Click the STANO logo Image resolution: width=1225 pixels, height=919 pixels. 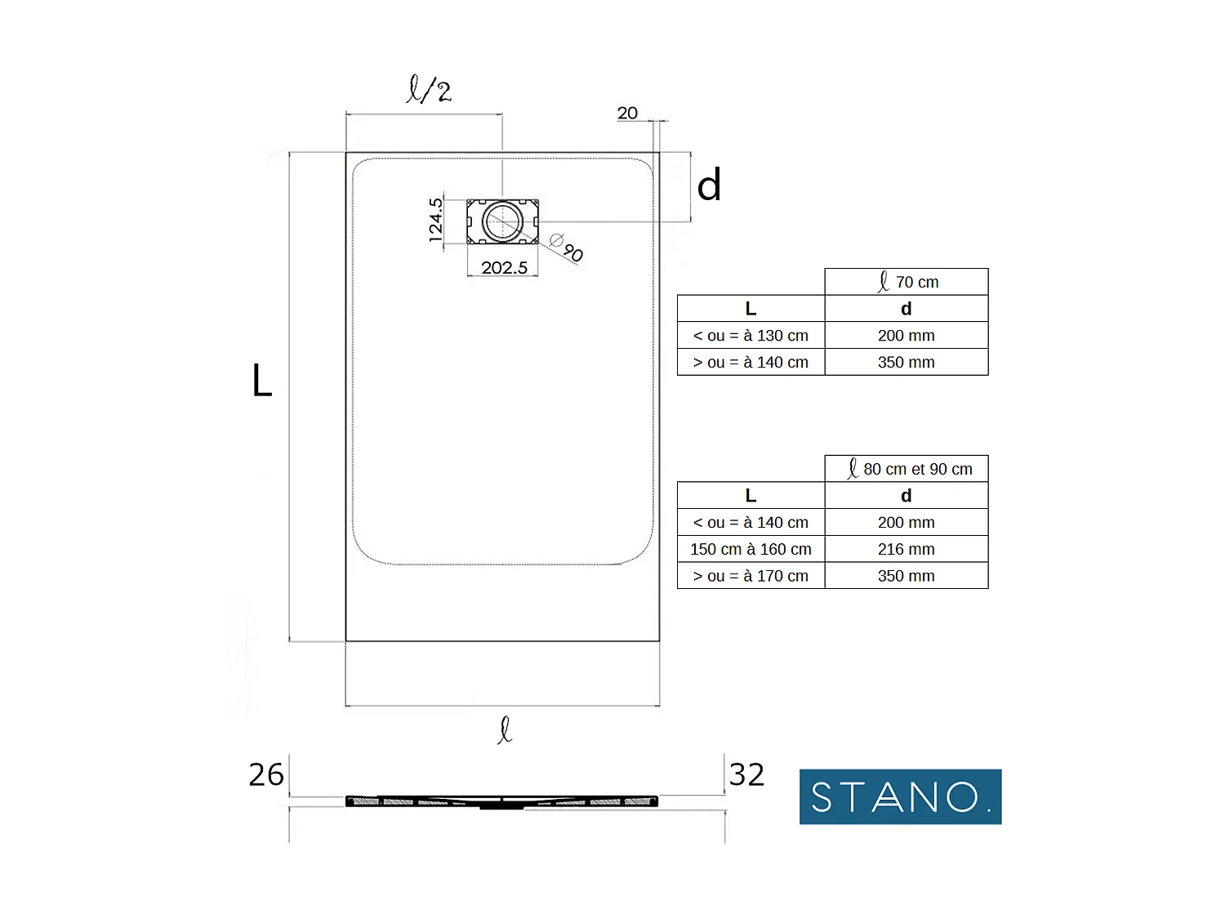tap(900, 796)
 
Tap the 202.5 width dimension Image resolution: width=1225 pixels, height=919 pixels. tap(504, 268)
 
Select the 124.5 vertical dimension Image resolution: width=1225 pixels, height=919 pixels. tap(436, 220)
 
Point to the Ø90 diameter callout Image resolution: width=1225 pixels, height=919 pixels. tap(567, 248)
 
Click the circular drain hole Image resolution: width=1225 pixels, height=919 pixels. tap(502, 221)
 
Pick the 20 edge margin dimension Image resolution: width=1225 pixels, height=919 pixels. tap(627, 114)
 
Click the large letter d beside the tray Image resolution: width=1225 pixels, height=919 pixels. tap(709, 185)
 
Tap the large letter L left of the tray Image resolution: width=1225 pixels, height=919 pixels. tap(261, 381)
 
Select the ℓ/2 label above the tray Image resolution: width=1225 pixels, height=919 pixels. tap(429, 89)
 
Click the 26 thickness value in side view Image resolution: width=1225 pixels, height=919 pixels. tap(266, 774)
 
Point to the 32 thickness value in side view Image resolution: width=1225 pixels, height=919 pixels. tap(746, 774)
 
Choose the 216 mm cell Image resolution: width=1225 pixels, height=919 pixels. tap(906, 549)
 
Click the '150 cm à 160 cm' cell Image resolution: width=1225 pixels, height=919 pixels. tap(751, 549)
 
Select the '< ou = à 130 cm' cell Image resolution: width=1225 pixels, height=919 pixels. tap(751, 336)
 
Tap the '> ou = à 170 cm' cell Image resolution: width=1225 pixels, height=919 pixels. tap(751, 576)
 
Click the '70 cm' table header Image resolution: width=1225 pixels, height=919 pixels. tap(906, 282)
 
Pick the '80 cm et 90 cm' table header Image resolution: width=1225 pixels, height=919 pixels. tap(906, 469)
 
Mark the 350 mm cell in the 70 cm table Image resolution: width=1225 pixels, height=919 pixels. tap(906, 362)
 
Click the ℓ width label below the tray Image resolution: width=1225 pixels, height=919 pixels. tap(505, 729)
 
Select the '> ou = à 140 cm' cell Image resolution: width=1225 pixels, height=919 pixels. tap(751, 362)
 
